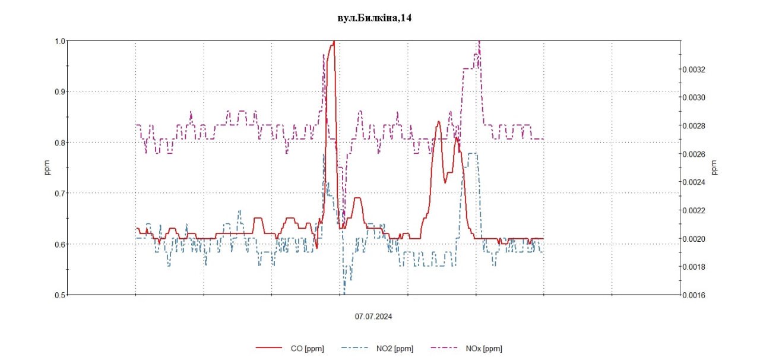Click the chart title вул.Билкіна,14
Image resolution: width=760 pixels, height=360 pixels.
tap(375, 18)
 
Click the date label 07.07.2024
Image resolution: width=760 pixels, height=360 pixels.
tap(373, 317)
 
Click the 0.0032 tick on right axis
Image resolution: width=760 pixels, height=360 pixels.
tap(694, 69)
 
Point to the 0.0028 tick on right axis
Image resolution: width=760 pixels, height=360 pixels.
tap(694, 126)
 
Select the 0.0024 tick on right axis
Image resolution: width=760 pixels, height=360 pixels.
tap(694, 182)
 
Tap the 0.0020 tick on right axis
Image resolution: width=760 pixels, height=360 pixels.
tap(694, 239)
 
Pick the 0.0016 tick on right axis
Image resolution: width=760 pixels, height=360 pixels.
tap(694, 295)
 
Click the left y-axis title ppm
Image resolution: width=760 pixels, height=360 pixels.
tap(47, 168)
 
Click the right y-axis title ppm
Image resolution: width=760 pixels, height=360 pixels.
tap(714, 168)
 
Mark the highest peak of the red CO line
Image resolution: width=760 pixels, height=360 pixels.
tap(334, 42)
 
